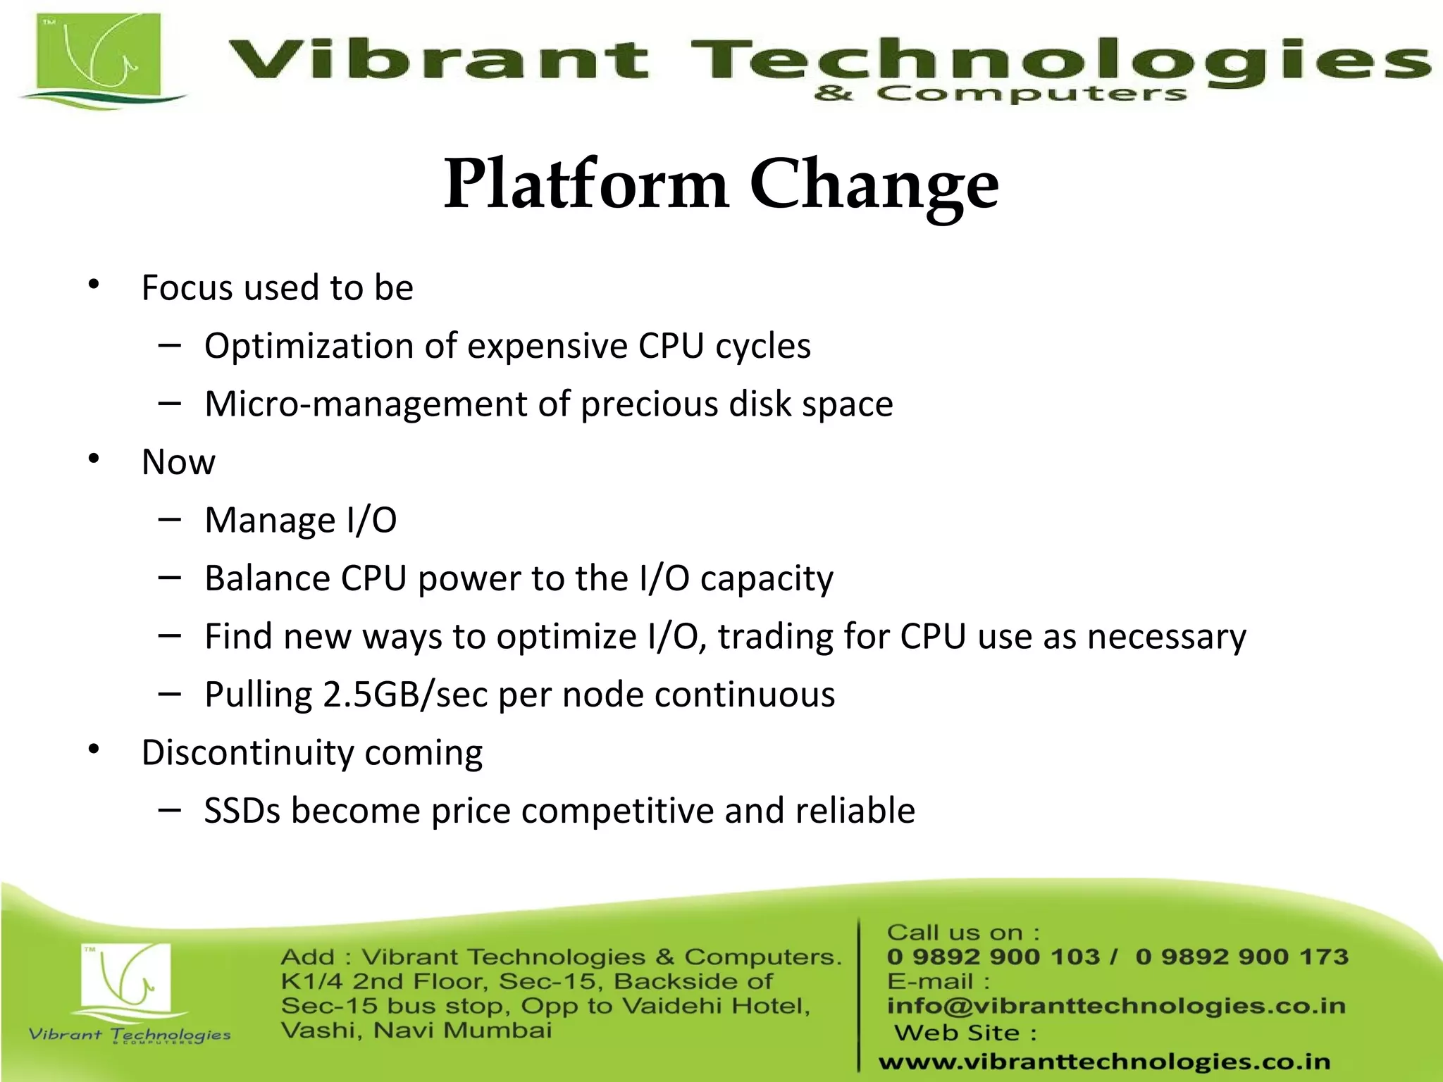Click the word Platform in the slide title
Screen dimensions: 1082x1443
pyautogui.click(x=586, y=185)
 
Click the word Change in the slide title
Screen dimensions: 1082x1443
pyautogui.click(x=874, y=185)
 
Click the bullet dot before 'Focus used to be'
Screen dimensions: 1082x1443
pyautogui.click(x=94, y=285)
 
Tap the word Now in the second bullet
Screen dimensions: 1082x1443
pyautogui.click(x=178, y=463)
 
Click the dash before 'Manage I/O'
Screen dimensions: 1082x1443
pyautogui.click(x=169, y=520)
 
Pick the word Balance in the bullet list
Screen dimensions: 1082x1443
pyautogui.click(x=267, y=578)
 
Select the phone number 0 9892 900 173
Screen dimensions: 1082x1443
pyautogui.click(x=1241, y=957)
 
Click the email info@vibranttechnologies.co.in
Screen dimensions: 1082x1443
pyautogui.click(x=1116, y=1006)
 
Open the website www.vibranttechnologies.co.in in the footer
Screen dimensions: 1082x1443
pyautogui.click(x=1104, y=1062)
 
